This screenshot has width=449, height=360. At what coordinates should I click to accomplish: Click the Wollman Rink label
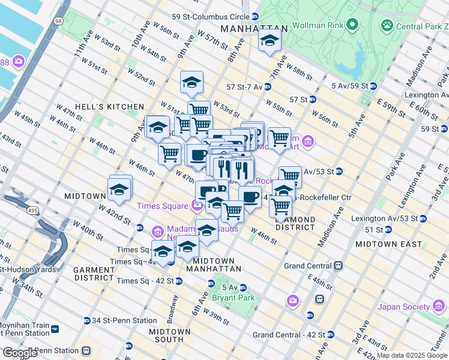tap(316, 26)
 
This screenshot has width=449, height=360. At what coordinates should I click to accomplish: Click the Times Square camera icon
tap(197, 206)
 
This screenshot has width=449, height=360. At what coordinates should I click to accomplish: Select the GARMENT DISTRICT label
tap(94, 274)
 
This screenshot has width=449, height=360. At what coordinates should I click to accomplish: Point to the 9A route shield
tap(58, 21)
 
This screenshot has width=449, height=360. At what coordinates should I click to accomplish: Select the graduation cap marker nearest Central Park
tap(270, 41)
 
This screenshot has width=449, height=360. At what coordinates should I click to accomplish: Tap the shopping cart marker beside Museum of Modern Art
tap(279, 138)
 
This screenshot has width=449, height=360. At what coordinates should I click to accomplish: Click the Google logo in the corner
tap(20, 353)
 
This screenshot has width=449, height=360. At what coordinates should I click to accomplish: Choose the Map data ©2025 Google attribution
tap(412, 355)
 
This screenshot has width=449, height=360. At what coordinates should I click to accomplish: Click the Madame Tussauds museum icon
tap(157, 231)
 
